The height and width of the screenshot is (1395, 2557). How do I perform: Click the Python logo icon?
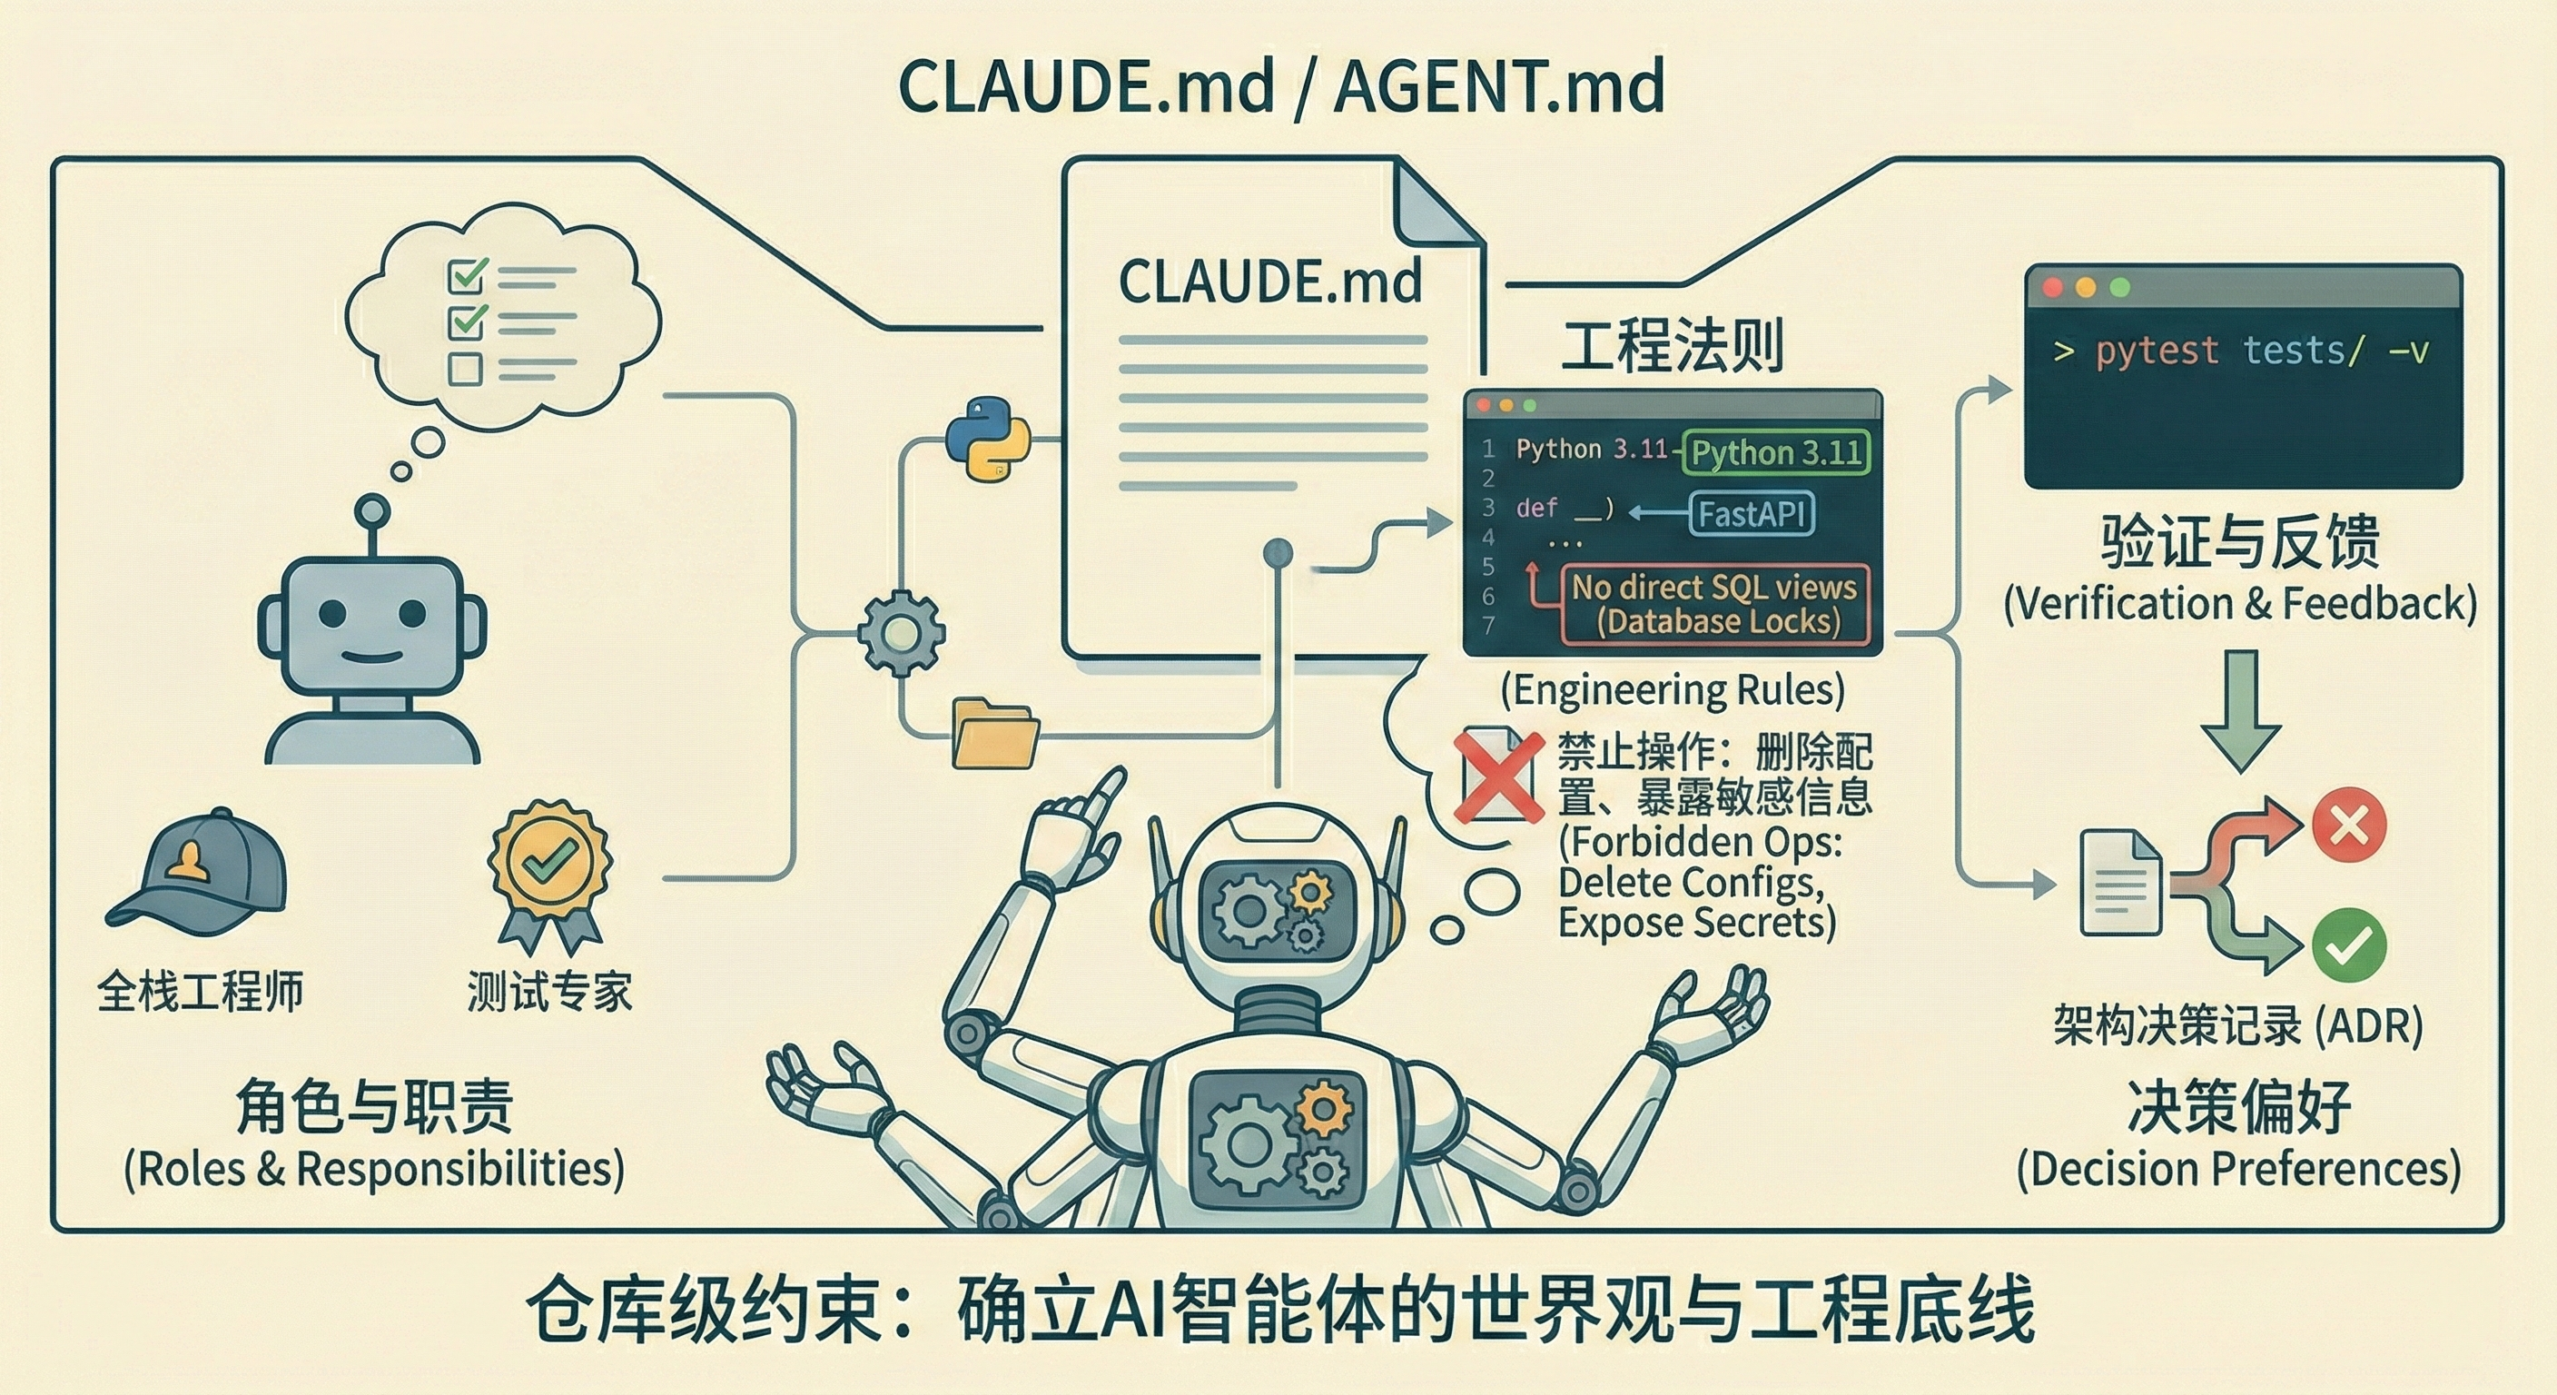pyautogui.click(x=987, y=439)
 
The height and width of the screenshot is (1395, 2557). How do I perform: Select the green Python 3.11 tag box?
pyautogui.click(x=1776, y=453)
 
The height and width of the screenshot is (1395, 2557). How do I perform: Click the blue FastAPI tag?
pyautogui.click(x=1751, y=514)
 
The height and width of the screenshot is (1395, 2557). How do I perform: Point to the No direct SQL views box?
pyautogui.click(x=1714, y=604)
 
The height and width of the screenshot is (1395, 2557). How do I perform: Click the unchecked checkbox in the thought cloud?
pyautogui.click(x=466, y=370)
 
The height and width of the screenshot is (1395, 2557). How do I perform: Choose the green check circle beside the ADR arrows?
pyautogui.click(x=2348, y=945)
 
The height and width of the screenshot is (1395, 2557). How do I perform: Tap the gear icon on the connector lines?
pyautogui.click(x=899, y=632)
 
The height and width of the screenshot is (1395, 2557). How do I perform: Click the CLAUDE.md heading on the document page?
pyautogui.click(x=1269, y=282)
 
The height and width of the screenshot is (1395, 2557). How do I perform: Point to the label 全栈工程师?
pyautogui.click(x=200, y=991)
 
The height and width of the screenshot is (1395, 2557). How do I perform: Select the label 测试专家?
pyautogui.click(x=549, y=991)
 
